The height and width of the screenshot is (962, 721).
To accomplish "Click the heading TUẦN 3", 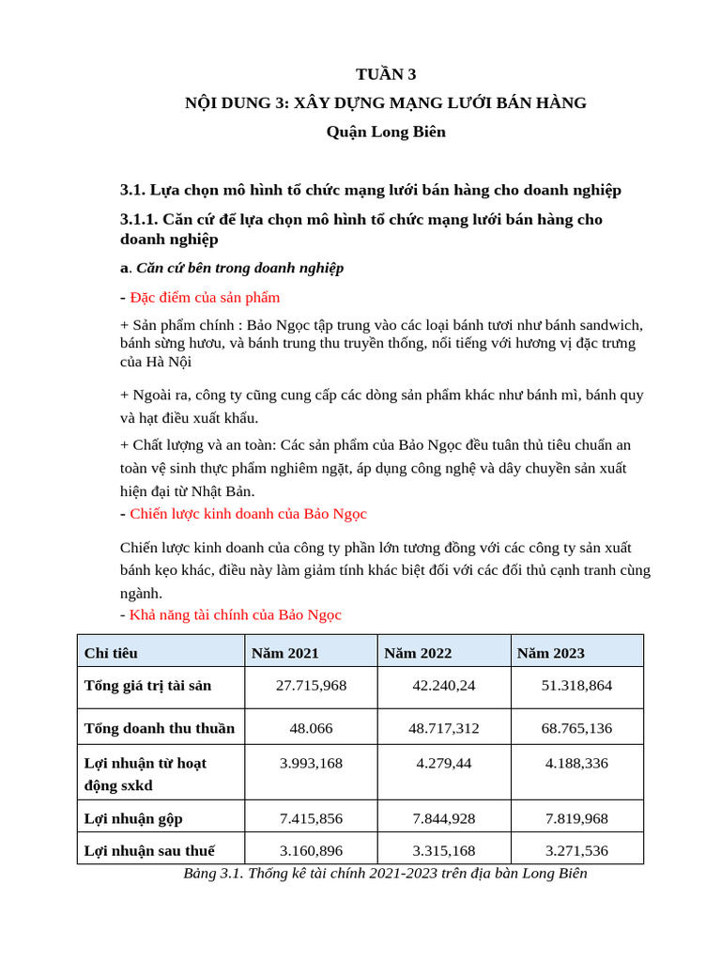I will tap(385, 74).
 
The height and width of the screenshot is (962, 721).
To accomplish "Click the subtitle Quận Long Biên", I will tap(385, 132).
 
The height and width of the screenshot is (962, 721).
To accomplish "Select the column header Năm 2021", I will tap(284, 652).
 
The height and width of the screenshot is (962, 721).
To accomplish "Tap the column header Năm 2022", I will tap(418, 652).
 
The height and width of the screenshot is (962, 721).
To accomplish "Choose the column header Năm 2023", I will tap(550, 652).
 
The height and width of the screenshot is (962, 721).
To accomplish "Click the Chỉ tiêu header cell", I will tap(111, 652).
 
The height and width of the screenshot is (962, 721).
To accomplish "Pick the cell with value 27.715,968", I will tap(311, 686).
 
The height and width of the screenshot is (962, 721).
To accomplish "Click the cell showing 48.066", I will tap(311, 727).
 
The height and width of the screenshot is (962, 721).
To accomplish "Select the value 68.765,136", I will tap(576, 727).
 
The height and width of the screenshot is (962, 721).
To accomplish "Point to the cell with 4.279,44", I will tap(444, 763).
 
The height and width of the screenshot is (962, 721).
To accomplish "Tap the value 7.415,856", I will tap(311, 818).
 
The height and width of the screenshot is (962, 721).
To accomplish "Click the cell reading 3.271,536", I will tap(576, 850).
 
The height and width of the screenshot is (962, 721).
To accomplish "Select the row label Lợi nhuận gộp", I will tap(133, 818).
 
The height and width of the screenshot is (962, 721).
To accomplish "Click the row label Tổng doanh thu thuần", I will tap(160, 727).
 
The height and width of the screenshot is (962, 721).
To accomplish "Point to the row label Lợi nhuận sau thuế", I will tap(149, 850).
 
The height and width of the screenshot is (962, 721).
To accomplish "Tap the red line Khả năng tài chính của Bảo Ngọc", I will tap(236, 614).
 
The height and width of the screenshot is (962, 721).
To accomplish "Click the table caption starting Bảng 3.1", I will tap(385, 873).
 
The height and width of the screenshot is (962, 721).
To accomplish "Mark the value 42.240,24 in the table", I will tap(444, 686).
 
